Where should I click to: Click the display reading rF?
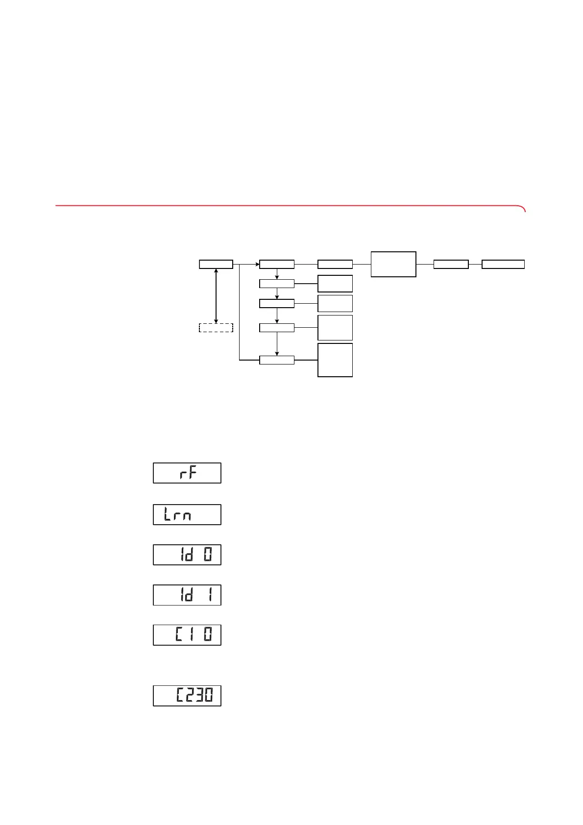(x=187, y=473)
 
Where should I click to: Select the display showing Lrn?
(x=187, y=514)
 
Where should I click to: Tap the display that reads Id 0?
(x=187, y=555)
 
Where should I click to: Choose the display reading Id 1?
(x=187, y=595)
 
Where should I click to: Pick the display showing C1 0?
(x=187, y=635)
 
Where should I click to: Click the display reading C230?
(x=187, y=696)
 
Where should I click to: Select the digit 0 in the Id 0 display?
(x=208, y=555)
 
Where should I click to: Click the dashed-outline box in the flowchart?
(x=216, y=328)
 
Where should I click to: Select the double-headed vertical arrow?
(x=216, y=296)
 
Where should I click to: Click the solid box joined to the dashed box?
(x=216, y=265)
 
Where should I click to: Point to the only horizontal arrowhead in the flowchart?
(x=256, y=265)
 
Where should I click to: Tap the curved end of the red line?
(x=523, y=209)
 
